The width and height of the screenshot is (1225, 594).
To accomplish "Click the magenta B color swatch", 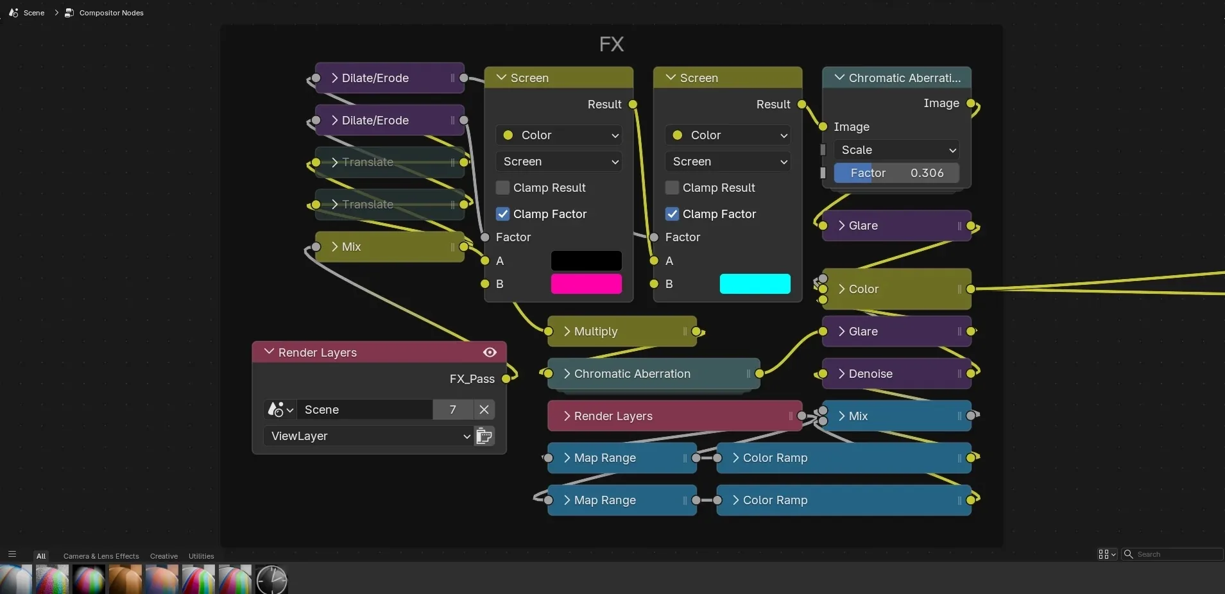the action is point(586,284).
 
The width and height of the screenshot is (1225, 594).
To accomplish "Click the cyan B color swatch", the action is point(755,284).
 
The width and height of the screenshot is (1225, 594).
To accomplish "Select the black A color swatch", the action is point(586,260).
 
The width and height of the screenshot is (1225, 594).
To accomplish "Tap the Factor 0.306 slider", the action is point(896,173).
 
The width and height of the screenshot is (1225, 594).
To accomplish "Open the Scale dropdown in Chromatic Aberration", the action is point(896,149).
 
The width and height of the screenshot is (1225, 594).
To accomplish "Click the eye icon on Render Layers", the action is point(490,352).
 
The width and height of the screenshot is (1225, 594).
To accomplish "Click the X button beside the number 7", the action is point(484,409).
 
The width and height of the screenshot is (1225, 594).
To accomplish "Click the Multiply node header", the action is point(622,331).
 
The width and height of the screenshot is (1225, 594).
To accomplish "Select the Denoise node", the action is point(896,373).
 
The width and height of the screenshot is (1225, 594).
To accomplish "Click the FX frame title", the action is point(612,44).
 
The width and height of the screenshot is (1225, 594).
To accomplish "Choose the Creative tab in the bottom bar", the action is point(164,556).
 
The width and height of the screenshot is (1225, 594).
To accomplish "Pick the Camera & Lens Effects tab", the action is point(101,556).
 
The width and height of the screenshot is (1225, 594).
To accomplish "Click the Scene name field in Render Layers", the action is point(364,409).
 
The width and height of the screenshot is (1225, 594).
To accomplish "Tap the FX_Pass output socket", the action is point(506,378).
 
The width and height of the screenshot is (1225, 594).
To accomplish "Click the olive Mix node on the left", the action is point(390,246).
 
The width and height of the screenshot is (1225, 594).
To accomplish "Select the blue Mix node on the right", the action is point(896,416).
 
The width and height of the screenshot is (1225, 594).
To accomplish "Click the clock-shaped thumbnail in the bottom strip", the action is point(271,579).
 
